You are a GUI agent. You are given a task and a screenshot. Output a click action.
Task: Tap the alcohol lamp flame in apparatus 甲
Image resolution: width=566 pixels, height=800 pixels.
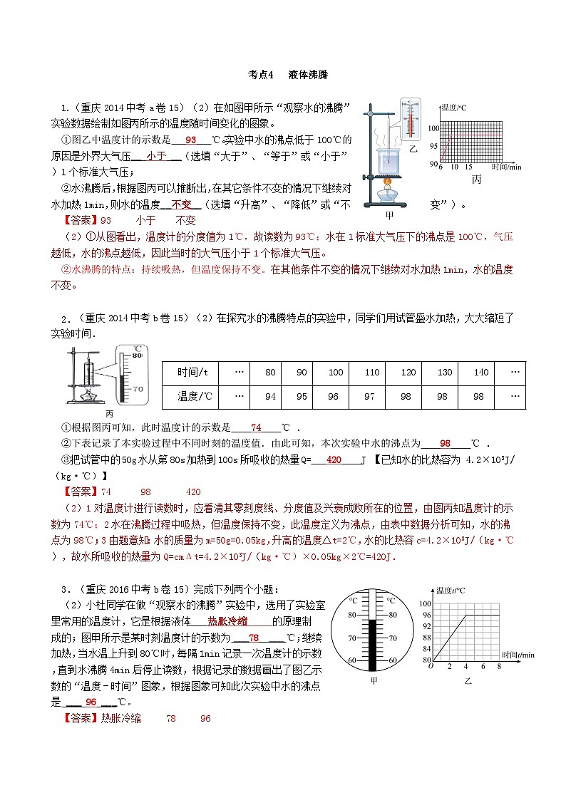tap(389, 182)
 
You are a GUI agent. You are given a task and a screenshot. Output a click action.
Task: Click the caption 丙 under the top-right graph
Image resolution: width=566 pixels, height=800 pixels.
tap(477, 180)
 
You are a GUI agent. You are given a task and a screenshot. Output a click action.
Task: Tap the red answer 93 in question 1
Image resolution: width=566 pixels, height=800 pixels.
tap(190, 140)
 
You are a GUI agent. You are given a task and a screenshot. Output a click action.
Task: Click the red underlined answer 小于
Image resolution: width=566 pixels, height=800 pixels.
tap(155, 155)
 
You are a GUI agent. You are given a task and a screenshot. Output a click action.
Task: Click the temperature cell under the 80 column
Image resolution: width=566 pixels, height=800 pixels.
tap(269, 396)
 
